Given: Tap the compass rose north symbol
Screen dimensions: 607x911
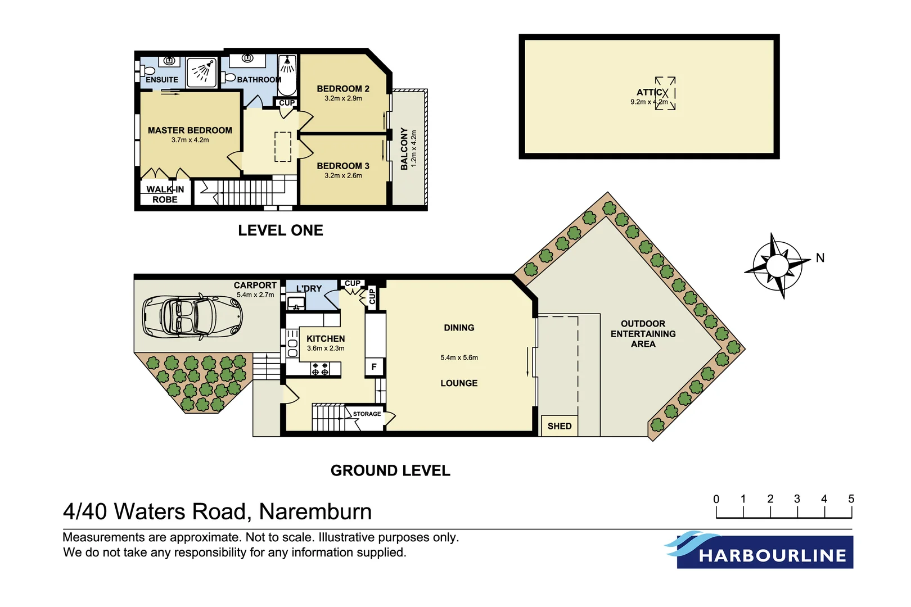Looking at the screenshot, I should click(778, 265).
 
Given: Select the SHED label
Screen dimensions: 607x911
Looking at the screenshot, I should click(559, 426).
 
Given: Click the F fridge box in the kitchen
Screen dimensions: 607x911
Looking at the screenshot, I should click(374, 367).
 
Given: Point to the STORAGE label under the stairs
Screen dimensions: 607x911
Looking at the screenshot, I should click(367, 414).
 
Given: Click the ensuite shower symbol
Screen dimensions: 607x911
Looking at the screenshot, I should click(201, 72).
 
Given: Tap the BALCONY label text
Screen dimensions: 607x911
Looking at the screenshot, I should click(404, 148).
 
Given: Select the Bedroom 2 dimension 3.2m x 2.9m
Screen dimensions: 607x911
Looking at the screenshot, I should click(343, 98).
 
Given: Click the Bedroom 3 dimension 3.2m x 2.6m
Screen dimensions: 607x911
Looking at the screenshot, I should click(343, 175).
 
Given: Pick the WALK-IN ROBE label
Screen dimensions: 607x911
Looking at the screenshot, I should click(165, 194).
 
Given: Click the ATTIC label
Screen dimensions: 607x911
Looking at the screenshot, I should click(650, 92).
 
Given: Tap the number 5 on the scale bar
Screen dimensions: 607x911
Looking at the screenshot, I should click(851, 499).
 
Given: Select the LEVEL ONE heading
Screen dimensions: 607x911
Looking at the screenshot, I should click(280, 230).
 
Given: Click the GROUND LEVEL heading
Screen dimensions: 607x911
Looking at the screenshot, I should click(390, 471).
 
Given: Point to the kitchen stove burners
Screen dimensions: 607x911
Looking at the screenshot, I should click(320, 369).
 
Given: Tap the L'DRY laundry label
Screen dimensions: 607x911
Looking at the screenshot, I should click(309, 288).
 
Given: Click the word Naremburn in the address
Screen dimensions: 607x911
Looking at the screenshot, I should click(315, 512).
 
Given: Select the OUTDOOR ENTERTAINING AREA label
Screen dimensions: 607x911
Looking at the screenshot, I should click(643, 334).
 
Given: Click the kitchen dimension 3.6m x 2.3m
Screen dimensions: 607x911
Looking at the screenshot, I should click(326, 348).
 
